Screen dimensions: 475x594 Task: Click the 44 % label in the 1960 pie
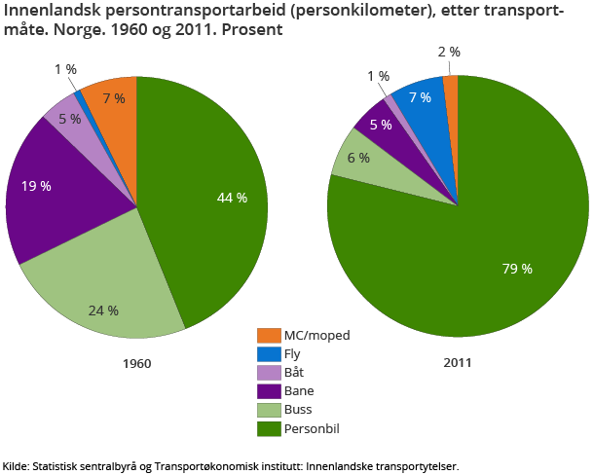pyautogui.click(x=232, y=198)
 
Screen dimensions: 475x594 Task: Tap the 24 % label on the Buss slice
pyautogui.click(x=103, y=311)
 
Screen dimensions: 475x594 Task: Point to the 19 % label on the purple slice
pyautogui.click(x=36, y=185)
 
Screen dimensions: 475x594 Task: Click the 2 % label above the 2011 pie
pyautogui.click(x=450, y=52)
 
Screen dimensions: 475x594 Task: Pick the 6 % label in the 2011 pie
pyautogui.click(x=358, y=158)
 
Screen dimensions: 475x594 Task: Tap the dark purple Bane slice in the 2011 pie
pyautogui.click(x=376, y=121)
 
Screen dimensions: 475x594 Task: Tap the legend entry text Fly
pyautogui.click(x=293, y=354)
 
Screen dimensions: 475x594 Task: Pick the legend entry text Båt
pyautogui.click(x=295, y=373)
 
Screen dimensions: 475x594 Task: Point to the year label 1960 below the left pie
pyautogui.click(x=136, y=363)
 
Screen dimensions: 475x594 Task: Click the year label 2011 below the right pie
pyautogui.click(x=457, y=363)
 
